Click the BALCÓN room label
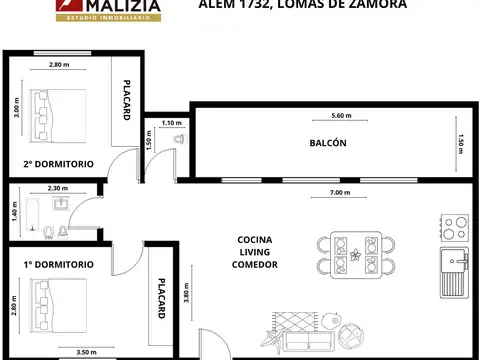tap(328, 143)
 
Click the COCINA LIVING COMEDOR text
tap(256, 252)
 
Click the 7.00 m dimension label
tap(339, 192)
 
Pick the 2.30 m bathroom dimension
tap(58, 188)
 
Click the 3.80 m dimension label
tap(189, 296)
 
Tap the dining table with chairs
tap(356, 254)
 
